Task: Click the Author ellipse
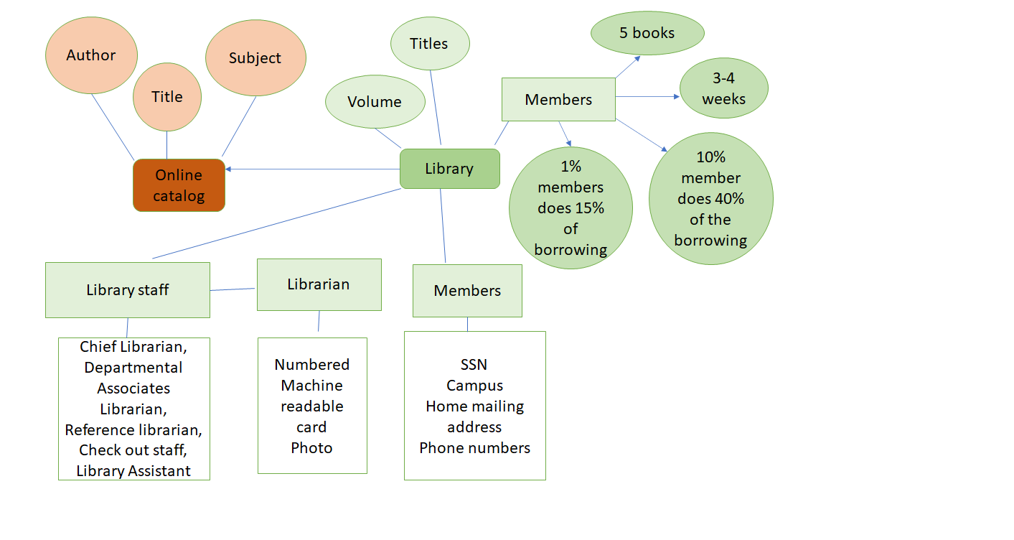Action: coord(91,56)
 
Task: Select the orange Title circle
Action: coord(167,97)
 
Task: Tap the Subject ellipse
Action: coord(255,58)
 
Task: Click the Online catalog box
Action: coord(179,185)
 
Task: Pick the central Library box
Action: coord(449,169)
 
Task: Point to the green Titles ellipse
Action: coord(429,44)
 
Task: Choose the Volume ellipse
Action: coord(375,102)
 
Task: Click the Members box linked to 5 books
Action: coord(558,100)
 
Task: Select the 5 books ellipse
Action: coord(647,33)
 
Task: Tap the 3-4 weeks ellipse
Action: coord(723,88)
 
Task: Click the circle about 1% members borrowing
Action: coord(571,208)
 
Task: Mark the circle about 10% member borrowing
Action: coord(710,199)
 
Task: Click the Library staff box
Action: coord(128,290)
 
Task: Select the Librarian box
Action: coord(319,284)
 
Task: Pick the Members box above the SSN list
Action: coord(467,291)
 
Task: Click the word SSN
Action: coord(474,365)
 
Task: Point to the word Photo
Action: coord(311,448)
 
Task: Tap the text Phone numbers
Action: coord(474,448)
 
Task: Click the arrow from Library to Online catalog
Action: coord(312,169)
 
